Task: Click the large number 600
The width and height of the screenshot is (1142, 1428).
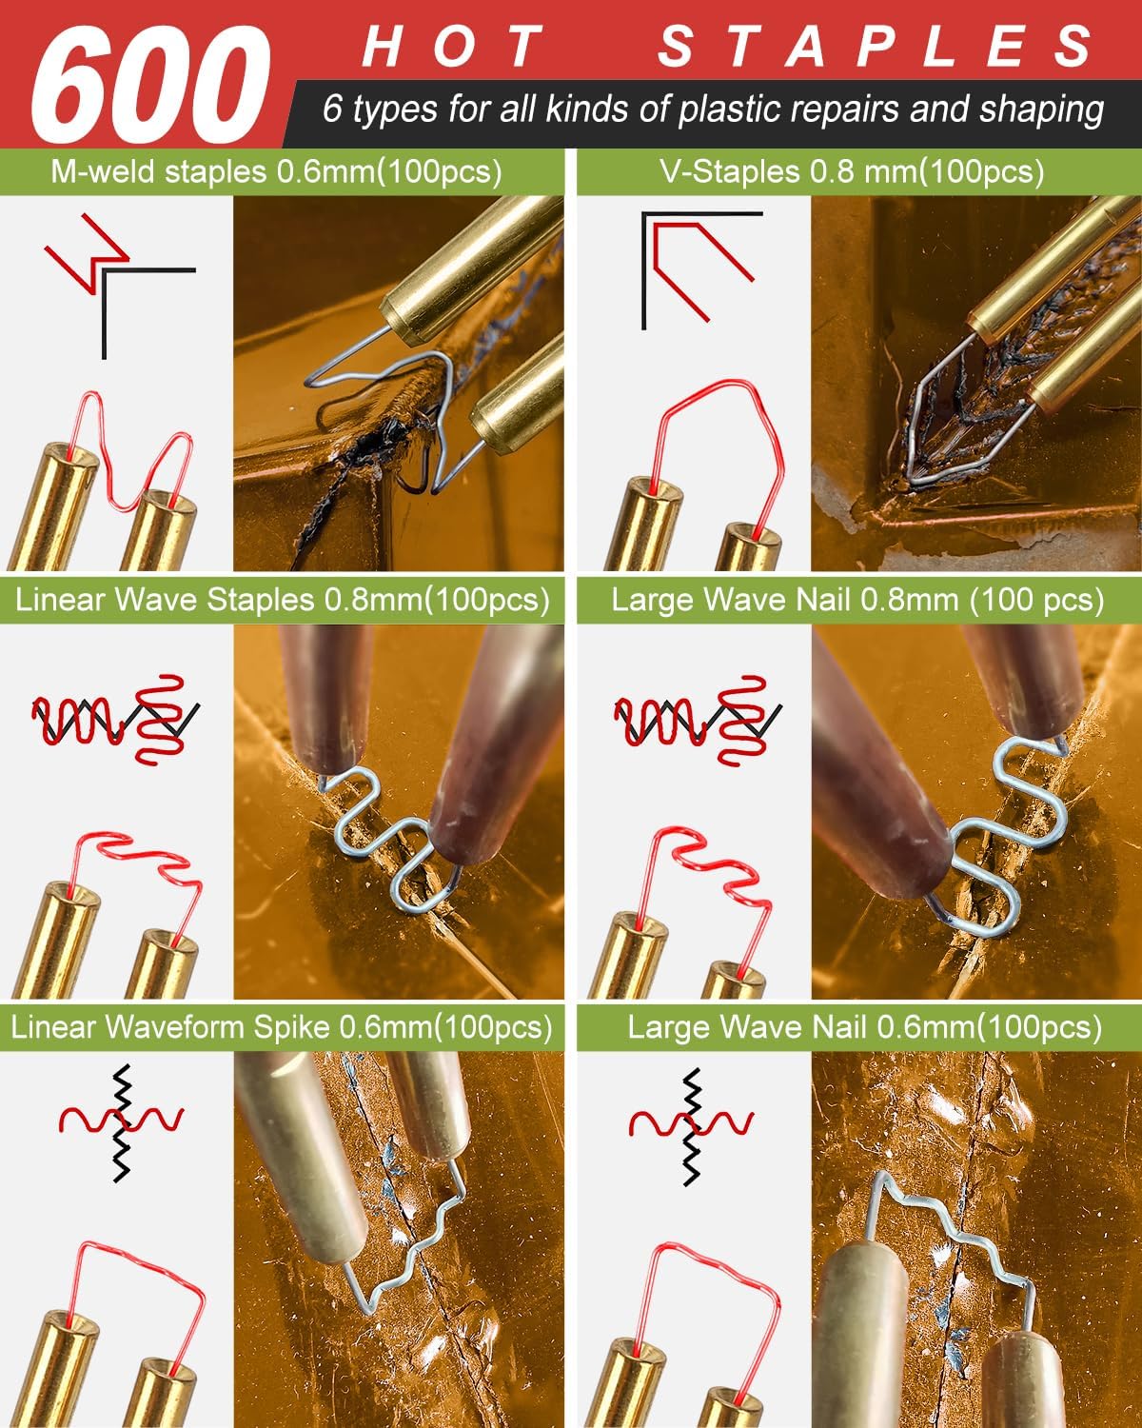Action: click(x=150, y=85)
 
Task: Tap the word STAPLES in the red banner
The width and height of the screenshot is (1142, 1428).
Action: click(x=876, y=46)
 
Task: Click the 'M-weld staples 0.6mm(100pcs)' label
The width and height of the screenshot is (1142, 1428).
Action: click(x=276, y=172)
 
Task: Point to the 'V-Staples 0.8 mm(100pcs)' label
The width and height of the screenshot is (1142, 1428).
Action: click(x=852, y=172)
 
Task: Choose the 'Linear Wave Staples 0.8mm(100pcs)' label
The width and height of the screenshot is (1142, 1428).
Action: click(x=283, y=600)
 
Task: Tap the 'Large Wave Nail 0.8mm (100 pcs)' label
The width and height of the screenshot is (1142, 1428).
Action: click(x=857, y=600)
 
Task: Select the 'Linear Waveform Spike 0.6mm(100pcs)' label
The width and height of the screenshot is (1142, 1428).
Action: click(x=282, y=1028)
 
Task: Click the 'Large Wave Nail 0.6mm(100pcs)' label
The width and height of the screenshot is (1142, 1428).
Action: click(x=865, y=1028)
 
